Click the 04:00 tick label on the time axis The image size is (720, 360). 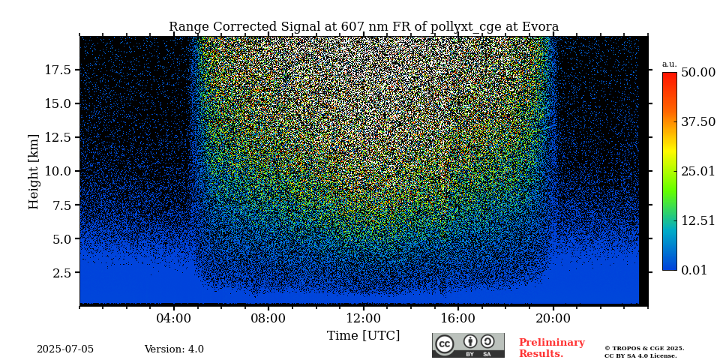(174, 318)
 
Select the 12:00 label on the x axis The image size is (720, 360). (364, 318)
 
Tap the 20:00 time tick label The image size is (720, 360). (553, 318)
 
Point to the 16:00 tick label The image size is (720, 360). (458, 318)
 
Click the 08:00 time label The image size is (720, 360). (268, 318)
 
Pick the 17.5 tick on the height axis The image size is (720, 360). (58, 70)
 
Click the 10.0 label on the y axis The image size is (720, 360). (58, 171)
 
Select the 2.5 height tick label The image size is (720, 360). (62, 273)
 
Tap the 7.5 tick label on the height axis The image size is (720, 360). (62, 205)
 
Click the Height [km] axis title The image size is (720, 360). (34, 171)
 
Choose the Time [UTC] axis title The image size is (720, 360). (363, 336)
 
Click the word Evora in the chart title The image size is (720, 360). (538, 27)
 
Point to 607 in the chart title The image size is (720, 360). (353, 27)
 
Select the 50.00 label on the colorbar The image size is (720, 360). (697, 73)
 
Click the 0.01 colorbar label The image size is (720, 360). (694, 270)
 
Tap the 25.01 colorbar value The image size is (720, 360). (697, 172)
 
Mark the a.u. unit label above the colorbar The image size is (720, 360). (669, 64)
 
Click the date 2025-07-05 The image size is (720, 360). (65, 349)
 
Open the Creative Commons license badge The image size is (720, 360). (468, 345)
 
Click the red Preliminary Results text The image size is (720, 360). (551, 348)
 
